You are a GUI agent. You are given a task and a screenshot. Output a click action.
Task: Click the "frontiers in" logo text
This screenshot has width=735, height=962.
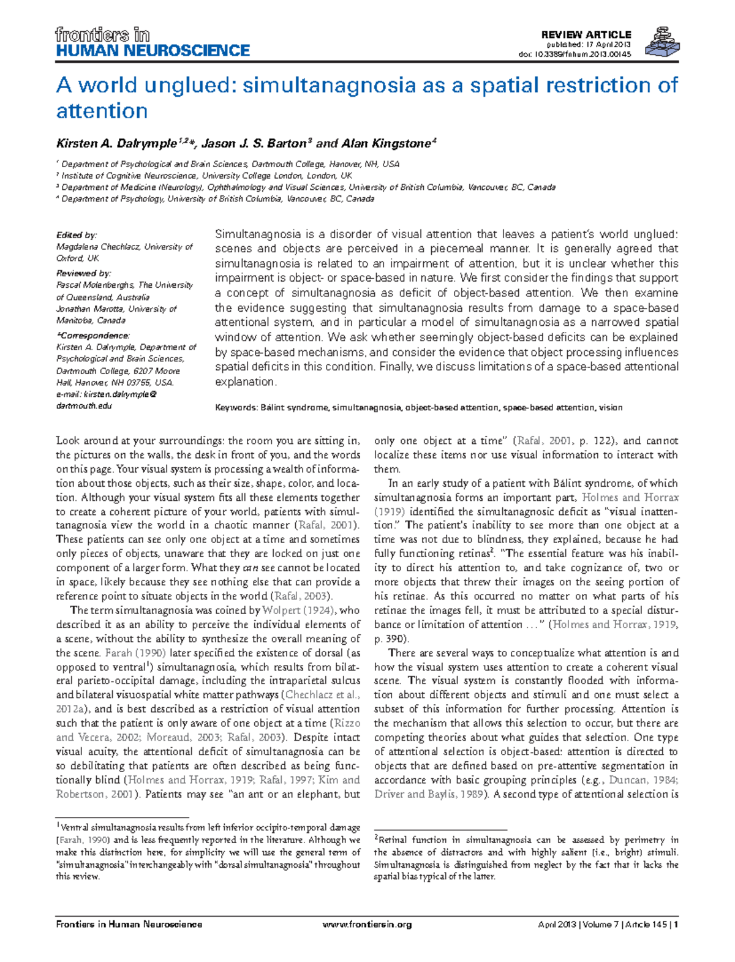[102, 34]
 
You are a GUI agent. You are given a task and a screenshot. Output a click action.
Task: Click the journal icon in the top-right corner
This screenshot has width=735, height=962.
[662, 42]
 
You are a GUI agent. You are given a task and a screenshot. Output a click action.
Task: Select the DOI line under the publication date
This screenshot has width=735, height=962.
[575, 54]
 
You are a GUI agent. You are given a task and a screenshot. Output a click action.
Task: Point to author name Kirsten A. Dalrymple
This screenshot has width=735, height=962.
[116, 144]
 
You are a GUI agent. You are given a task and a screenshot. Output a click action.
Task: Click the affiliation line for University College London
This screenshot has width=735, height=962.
[206, 176]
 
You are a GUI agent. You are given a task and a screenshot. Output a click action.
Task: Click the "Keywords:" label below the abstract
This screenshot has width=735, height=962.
[236, 407]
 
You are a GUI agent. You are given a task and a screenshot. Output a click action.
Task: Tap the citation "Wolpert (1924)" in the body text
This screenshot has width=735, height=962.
[298, 611]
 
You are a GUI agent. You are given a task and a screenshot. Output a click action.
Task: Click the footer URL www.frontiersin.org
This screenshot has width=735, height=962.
[367, 924]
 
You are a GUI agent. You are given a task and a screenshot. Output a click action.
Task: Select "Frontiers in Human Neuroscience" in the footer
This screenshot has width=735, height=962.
[129, 924]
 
